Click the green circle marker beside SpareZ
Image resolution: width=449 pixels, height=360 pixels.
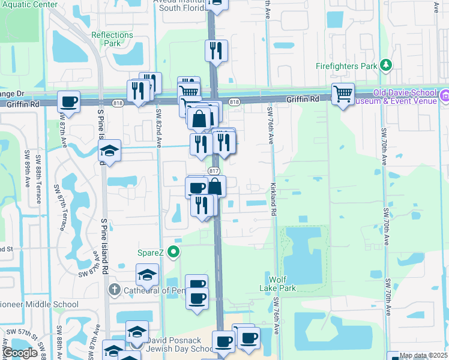[x=174, y=252]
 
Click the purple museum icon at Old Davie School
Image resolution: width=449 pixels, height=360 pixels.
[x=445, y=96]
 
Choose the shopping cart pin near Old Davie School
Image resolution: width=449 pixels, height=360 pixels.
[x=343, y=94]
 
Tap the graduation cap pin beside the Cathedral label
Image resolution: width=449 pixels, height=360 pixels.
[x=147, y=275]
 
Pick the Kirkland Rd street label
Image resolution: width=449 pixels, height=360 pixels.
[x=273, y=199]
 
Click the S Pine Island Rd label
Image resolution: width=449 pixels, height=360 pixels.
[x=103, y=245]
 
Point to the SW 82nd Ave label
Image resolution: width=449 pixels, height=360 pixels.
[x=159, y=128]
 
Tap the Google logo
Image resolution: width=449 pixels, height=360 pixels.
[x=20, y=353]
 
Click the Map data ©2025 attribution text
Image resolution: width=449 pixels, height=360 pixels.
[x=423, y=356]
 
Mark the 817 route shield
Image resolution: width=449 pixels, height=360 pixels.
[x=214, y=171]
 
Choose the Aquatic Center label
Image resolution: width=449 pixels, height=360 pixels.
[x=29, y=4]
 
